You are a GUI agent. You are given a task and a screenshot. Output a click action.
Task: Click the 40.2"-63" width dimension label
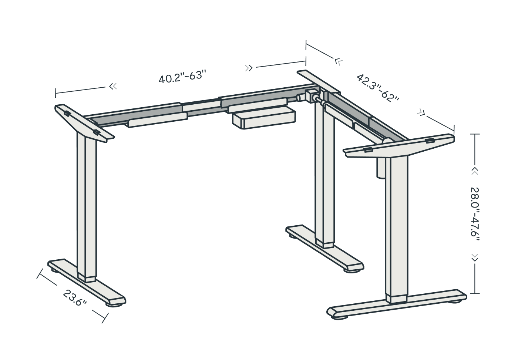pos(182,76)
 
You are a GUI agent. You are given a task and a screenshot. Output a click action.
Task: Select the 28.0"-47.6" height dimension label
pos(475,215)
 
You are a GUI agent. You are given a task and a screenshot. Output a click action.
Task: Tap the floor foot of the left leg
pos(87,283)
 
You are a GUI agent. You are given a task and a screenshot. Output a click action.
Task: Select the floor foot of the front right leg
pos(397,304)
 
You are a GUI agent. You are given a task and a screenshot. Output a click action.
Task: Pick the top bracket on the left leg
pos(84,123)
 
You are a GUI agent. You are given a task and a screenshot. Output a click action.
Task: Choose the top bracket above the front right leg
pos(399,146)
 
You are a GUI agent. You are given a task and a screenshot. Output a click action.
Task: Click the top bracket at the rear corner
pos(319,82)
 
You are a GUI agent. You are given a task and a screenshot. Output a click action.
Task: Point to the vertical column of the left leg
pos(87,207)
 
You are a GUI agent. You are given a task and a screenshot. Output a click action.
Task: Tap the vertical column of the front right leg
pos(396,229)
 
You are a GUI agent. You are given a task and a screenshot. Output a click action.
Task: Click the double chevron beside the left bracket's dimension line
pos(113,86)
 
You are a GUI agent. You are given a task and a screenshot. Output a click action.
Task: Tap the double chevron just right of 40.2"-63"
pos(249,68)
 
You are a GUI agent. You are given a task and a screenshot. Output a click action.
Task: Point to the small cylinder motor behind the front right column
pos(381,168)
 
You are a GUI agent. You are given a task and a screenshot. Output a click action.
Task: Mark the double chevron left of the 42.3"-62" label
pos(339,61)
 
